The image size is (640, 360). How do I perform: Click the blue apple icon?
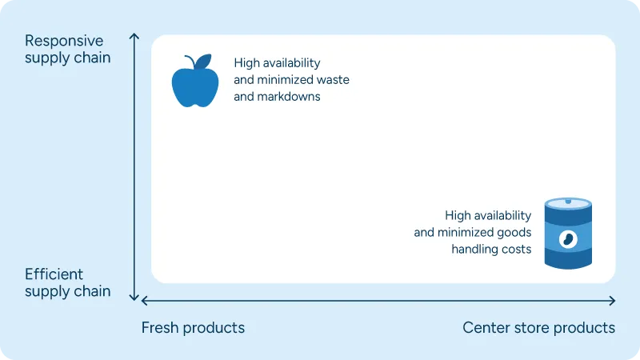[195, 84]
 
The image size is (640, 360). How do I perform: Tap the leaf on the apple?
[205, 61]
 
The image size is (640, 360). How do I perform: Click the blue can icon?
[568, 233]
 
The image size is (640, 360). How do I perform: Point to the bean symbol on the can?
[568, 238]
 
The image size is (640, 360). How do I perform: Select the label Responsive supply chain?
[67, 49]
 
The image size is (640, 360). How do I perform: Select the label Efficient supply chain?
[67, 282]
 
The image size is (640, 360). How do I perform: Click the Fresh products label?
[193, 328]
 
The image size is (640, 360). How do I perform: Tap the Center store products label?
[538, 328]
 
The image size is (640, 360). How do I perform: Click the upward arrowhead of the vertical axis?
[134, 37]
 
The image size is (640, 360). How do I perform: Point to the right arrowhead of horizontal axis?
[612, 301]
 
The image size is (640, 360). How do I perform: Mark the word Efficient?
[54, 274]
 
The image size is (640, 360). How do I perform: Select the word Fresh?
[161, 328]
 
